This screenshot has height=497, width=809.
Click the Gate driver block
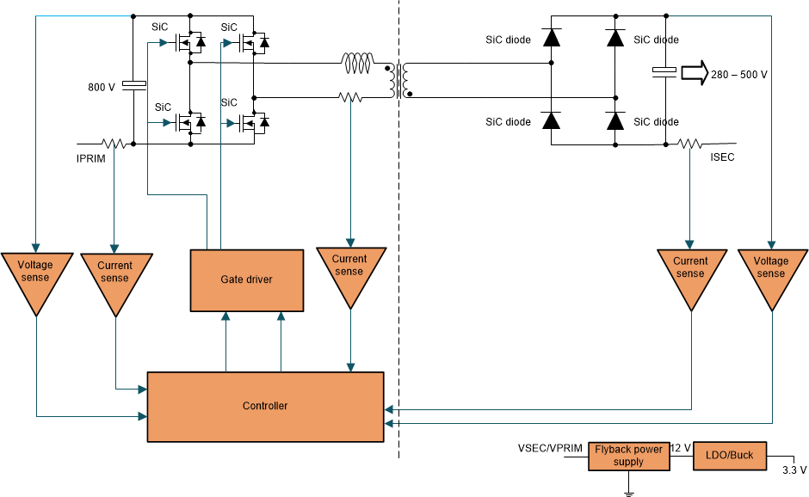pyautogui.click(x=246, y=279)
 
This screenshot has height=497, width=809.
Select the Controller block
pyautogui.click(x=265, y=406)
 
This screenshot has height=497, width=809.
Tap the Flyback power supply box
pyautogui.click(x=629, y=456)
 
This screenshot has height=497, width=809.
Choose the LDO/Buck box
pyautogui.click(x=729, y=456)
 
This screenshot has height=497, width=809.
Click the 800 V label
pyautogui.click(x=102, y=88)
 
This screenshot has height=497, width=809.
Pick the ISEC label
pyautogui.click(x=722, y=158)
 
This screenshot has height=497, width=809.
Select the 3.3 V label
pyautogui.click(x=794, y=469)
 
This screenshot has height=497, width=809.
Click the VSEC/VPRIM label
pyautogui.click(x=550, y=449)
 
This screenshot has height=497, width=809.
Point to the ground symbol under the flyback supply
pyautogui.click(x=629, y=491)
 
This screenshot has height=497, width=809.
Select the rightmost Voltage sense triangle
pyautogui.click(x=771, y=271)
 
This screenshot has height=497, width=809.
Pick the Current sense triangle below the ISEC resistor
pyautogui.click(x=690, y=271)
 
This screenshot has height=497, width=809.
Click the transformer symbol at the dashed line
pyautogui.click(x=398, y=80)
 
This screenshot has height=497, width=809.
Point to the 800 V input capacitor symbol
pyautogui.click(x=134, y=85)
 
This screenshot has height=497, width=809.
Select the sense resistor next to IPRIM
pyautogui.click(x=115, y=144)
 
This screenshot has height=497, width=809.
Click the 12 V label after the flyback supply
pyautogui.click(x=681, y=449)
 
